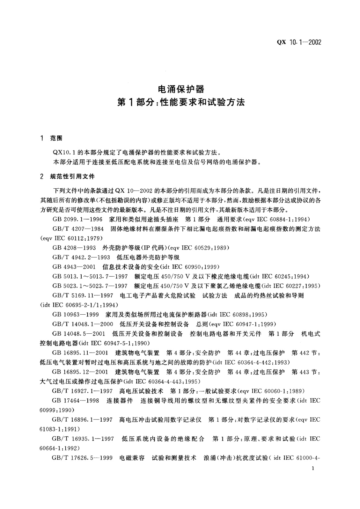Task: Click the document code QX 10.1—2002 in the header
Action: click(x=299, y=42)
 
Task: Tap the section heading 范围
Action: click(x=56, y=138)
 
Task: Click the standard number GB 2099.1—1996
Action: click(x=77, y=219)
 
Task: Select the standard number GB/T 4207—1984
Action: click(x=78, y=229)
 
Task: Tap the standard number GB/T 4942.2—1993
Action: click(x=81, y=258)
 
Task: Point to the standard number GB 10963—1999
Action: click(x=76, y=315)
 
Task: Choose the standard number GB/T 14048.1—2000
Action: click(x=83, y=324)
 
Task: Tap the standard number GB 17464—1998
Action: click(x=76, y=400)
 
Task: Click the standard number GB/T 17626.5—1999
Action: click(x=82, y=458)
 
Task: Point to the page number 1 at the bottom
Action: click(x=313, y=477)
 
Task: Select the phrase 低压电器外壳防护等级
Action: click(x=148, y=258)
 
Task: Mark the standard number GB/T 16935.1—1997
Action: click(x=83, y=439)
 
